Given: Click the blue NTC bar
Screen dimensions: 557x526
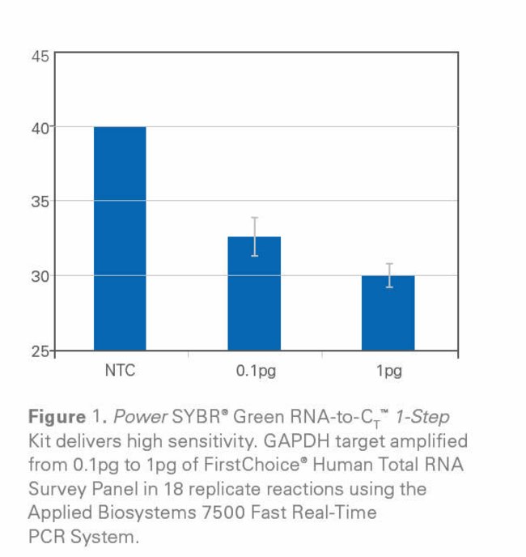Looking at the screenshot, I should [120, 238].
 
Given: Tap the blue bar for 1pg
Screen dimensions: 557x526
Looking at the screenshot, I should [388, 313].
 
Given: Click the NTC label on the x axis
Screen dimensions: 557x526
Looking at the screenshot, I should [120, 372].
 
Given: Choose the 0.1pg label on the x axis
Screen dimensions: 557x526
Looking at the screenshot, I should [254, 372].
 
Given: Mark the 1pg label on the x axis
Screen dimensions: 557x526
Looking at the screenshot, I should [388, 372].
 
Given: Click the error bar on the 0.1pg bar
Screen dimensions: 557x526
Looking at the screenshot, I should [254, 236].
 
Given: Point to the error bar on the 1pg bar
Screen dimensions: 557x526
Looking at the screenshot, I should [388, 275].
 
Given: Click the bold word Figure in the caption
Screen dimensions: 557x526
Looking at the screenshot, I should [55, 418].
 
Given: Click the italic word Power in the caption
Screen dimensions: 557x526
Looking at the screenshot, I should [134, 418].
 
